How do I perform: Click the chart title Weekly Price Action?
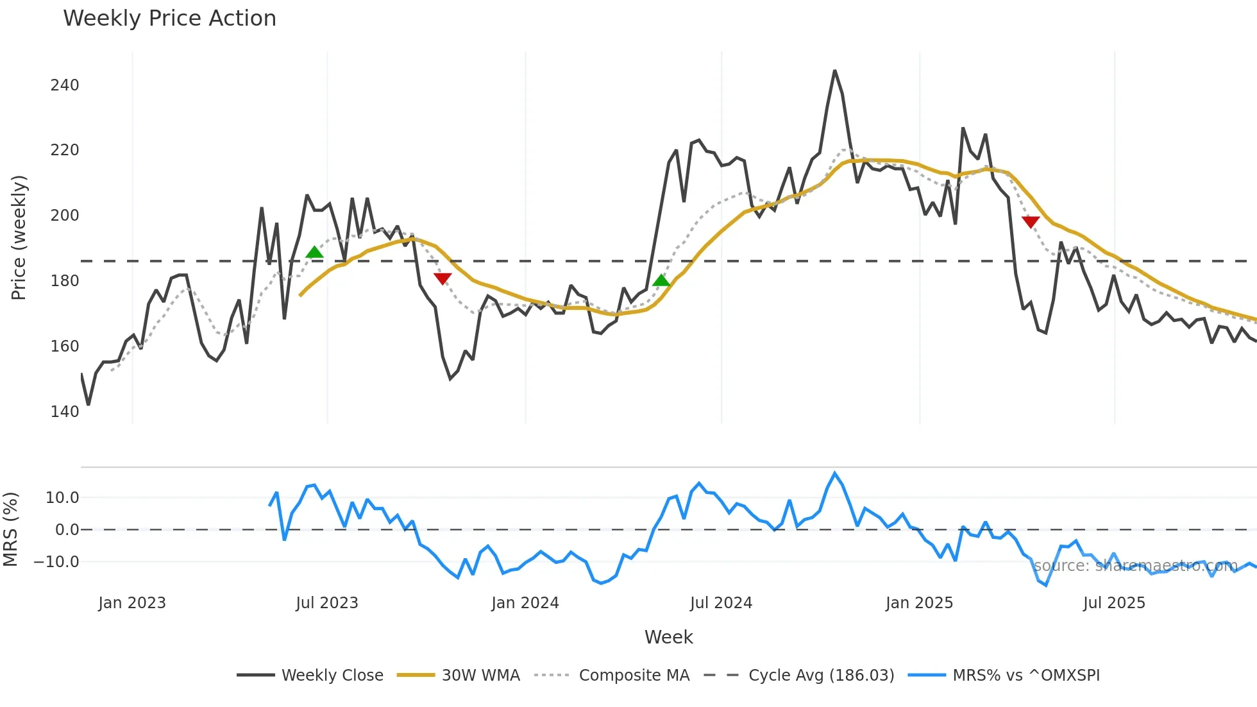[169, 19]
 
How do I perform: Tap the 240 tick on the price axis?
[65, 85]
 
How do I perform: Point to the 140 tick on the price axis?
[65, 411]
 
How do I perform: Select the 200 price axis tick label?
[65, 216]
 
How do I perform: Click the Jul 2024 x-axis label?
[721, 603]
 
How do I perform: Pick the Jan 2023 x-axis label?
[132, 603]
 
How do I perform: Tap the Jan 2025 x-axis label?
[919, 603]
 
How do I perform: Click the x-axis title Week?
[668, 637]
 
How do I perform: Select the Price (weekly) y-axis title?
[19, 237]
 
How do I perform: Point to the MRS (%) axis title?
[10, 529]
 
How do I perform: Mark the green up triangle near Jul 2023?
[314, 252]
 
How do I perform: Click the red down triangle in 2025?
[1031, 222]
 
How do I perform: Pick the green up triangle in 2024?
[661, 280]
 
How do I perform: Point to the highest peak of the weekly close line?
[834, 71]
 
